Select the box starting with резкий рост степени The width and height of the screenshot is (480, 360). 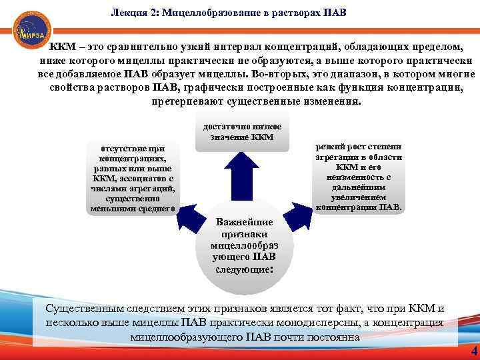coord(359,176)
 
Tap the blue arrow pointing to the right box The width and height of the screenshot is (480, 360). coord(294,214)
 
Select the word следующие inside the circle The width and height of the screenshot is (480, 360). coord(243,271)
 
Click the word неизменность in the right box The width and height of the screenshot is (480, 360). coord(359,177)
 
